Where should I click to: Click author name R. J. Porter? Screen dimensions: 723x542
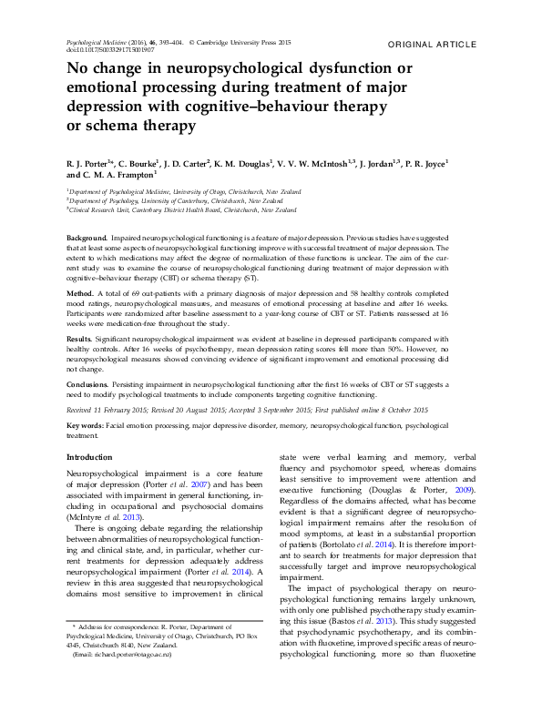[90, 164]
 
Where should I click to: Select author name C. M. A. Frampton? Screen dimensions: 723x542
[124, 177]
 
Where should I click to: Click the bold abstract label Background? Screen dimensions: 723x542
[87, 238]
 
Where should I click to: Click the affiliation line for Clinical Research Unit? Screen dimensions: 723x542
[182, 209]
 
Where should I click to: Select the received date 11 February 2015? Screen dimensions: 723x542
[125, 412]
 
